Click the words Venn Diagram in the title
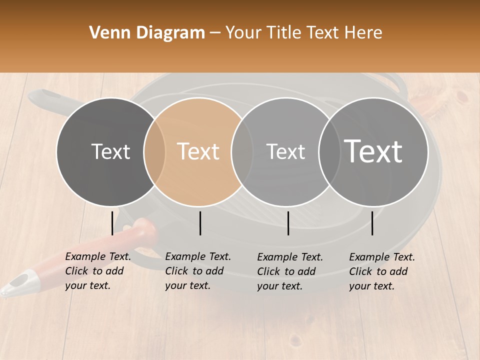147,33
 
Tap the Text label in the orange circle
198,151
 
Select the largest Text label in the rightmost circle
373,151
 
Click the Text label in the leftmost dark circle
110,151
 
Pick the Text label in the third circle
285,151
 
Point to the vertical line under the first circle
112,223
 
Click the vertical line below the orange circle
200,223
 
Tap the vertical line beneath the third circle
288,223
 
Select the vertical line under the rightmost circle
372,223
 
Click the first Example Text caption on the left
98,271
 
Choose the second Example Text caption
198,271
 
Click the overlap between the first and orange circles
154,151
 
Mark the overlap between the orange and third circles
242,151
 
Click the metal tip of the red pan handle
15,283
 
